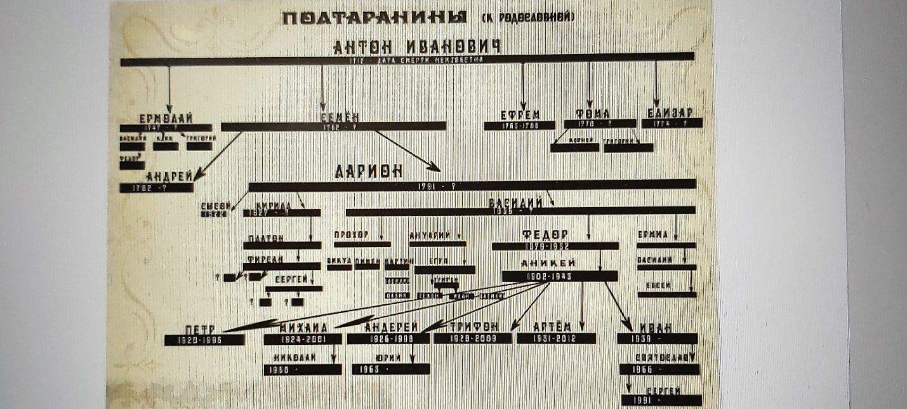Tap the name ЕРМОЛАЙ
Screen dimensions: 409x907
tap(166, 118)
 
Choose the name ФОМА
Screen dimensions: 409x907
tap(592, 114)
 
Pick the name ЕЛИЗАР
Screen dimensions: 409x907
tap(672, 114)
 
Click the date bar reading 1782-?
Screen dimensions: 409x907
tap(157, 188)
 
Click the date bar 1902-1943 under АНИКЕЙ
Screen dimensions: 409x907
tap(559, 276)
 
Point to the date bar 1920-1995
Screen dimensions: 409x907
tap(204, 340)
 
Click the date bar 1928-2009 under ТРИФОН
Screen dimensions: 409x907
tap(472, 339)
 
